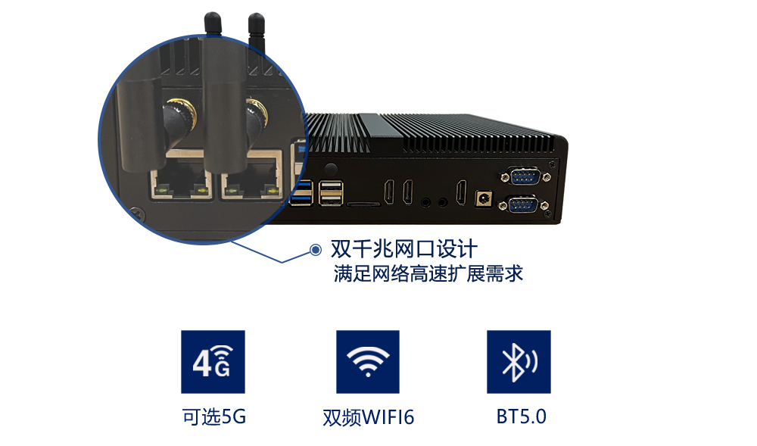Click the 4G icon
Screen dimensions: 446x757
click(213, 361)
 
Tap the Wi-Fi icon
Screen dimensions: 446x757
click(367, 361)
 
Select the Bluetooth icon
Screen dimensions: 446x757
click(519, 361)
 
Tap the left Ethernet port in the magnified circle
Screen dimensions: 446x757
click(181, 184)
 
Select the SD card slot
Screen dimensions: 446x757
click(363, 203)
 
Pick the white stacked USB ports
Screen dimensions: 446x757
click(330, 193)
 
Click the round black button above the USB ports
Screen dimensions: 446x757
click(329, 169)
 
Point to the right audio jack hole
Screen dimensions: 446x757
click(442, 201)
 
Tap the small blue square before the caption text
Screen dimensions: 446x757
click(316, 248)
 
